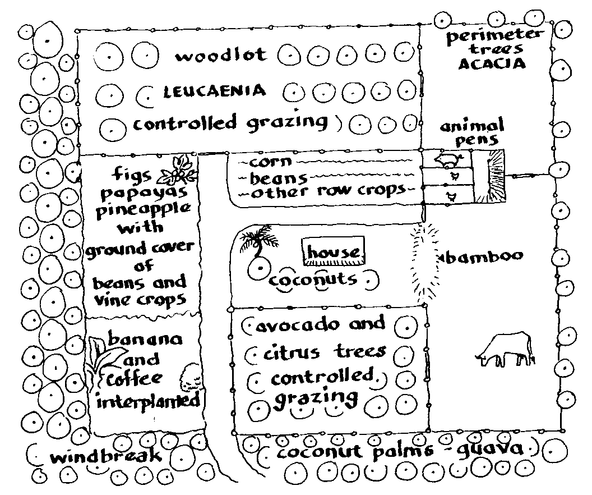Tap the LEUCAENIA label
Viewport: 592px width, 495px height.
tap(214, 91)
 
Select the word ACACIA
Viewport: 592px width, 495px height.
tap(492, 63)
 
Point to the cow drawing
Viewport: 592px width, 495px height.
tap(505, 350)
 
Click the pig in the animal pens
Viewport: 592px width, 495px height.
tap(448, 159)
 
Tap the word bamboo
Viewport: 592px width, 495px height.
tap(483, 256)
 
